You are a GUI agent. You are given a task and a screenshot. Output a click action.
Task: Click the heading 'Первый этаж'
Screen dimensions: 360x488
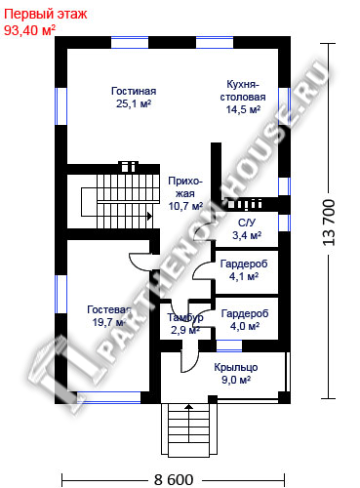tap(46, 14)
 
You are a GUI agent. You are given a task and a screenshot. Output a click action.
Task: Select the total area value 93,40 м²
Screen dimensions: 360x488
tap(29, 30)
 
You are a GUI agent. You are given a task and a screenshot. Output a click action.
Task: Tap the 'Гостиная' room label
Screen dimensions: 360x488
tap(134, 91)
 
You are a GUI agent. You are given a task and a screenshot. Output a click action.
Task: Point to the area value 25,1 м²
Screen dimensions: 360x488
tap(134, 103)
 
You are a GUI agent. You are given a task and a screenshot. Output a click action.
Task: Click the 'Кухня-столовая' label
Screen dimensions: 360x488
tap(243, 91)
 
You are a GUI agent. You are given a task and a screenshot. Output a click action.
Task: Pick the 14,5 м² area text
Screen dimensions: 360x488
tap(243, 109)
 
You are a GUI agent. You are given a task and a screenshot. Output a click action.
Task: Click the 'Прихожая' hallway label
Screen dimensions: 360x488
tap(185, 187)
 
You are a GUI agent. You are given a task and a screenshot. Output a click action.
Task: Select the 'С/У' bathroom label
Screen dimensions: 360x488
tap(247, 223)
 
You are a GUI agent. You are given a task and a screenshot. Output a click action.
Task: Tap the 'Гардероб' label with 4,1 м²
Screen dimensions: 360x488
tap(244, 264)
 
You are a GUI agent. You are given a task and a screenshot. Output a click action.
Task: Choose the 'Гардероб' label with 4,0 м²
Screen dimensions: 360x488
tap(245, 313)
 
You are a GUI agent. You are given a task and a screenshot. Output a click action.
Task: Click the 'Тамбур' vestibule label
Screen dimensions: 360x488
tap(185, 317)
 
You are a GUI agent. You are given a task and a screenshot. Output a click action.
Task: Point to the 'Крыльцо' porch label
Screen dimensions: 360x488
tap(236, 367)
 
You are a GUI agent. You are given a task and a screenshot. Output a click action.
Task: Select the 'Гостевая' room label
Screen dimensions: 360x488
tap(109, 309)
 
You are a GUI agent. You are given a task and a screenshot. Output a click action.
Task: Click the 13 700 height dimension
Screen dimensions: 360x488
tap(329, 223)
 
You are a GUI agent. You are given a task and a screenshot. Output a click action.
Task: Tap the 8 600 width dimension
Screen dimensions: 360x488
tap(174, 479)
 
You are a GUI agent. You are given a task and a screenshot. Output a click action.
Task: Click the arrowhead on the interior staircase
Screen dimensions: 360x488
tap(149, 216)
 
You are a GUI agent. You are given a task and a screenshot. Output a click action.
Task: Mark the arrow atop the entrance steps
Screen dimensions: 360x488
tap(189, 406)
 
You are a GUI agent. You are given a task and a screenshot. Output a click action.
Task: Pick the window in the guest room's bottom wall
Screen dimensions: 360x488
tap(108, 397)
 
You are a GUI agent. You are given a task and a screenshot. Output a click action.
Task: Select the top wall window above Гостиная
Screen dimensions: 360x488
tap(130, 43)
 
